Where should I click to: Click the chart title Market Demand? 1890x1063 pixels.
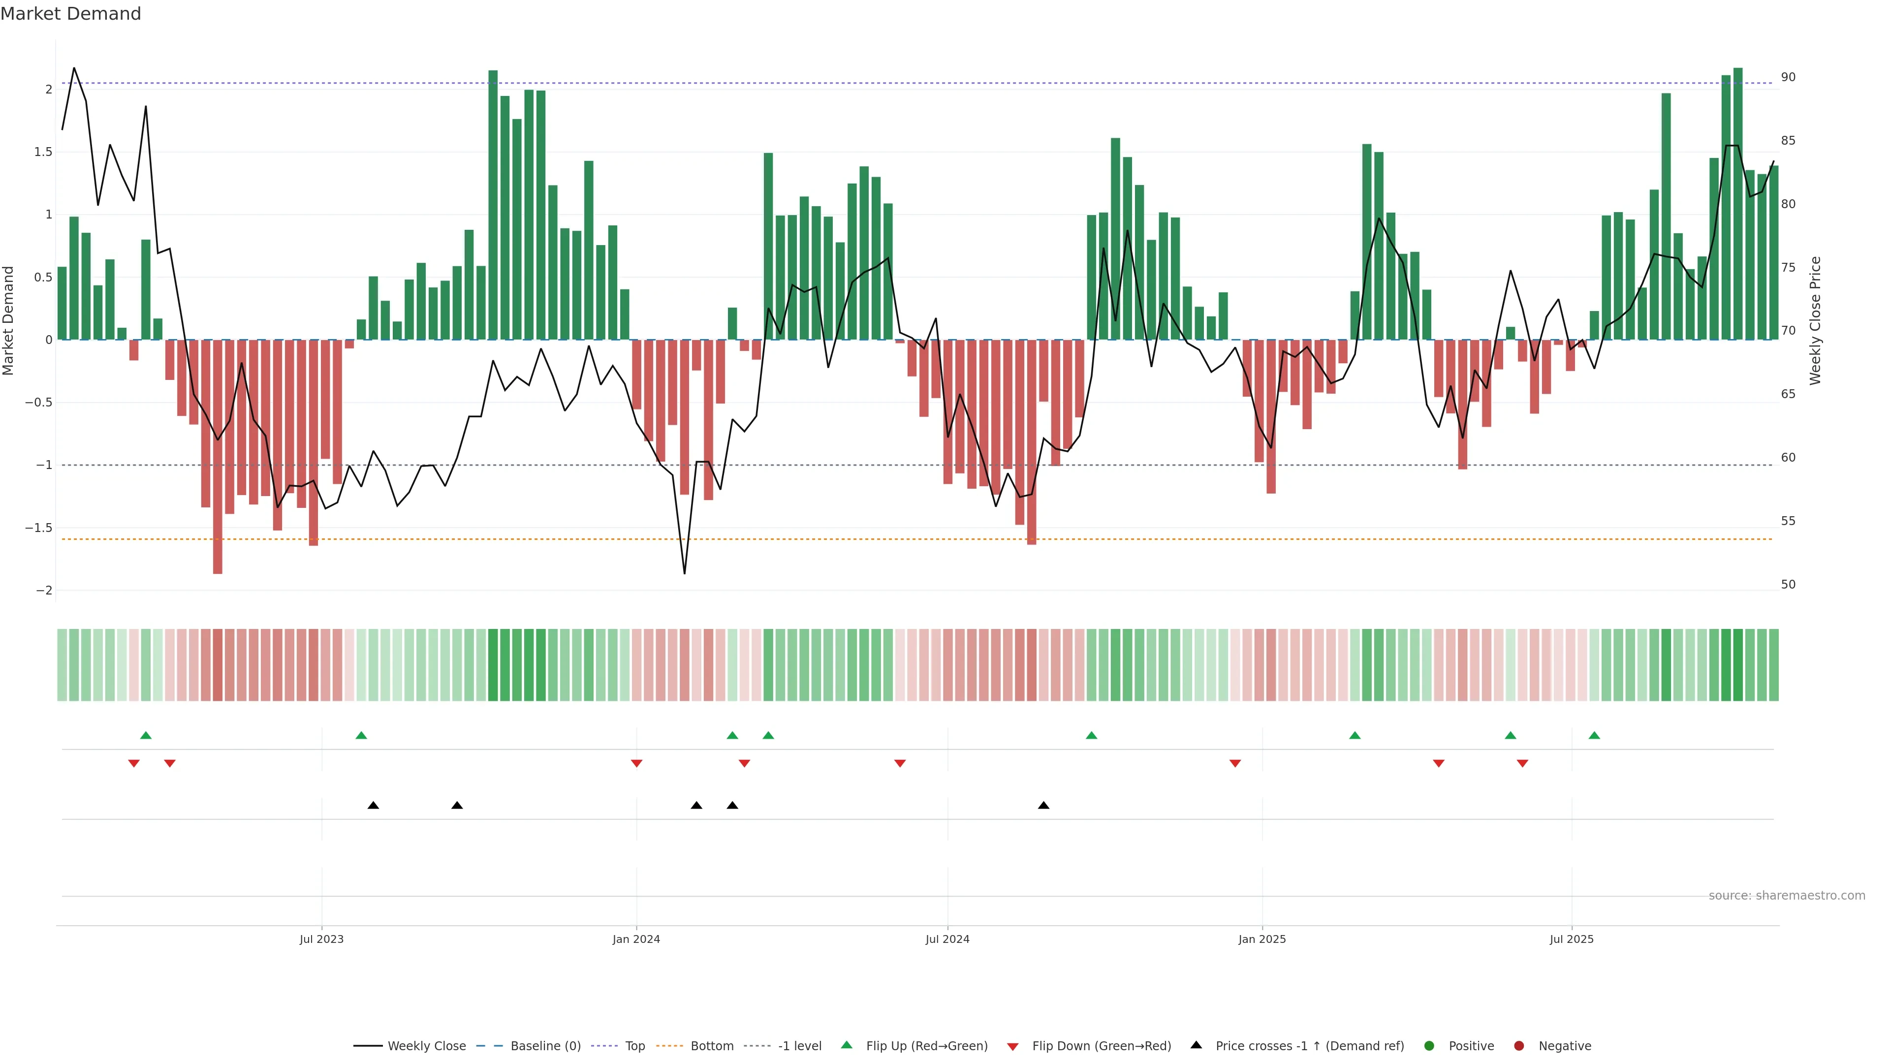click(70, 14)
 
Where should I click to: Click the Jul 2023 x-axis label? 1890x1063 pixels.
click(321, 939)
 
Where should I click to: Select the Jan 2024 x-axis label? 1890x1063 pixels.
click(636, 939)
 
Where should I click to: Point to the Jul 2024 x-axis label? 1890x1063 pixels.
click(947, 939)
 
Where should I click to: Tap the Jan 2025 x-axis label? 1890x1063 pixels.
click(1262, 939)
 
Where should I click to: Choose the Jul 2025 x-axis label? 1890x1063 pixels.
click(1572, 939)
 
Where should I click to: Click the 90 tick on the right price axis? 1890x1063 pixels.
click(1788, 77)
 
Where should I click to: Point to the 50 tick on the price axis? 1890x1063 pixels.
click(1788, 585)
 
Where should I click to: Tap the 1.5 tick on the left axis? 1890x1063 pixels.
click(43, 152)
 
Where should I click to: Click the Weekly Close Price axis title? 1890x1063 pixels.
click(1815, 320)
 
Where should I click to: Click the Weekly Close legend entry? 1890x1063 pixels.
click(426, 1046)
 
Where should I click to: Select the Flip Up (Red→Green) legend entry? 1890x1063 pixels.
click(926, 1046)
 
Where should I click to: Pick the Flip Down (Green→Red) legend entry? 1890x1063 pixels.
click(1101, 1046)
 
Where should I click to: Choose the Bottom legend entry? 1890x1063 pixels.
click(711, 1046)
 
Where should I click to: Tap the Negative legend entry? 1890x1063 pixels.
click(1564, 1046)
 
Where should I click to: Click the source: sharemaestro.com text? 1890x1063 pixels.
click(1787, 896)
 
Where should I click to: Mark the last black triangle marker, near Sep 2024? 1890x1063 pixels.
click(1043, 806)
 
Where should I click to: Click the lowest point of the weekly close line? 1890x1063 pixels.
click(685, 573)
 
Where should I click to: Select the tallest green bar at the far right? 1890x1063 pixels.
click(1737, 205)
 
